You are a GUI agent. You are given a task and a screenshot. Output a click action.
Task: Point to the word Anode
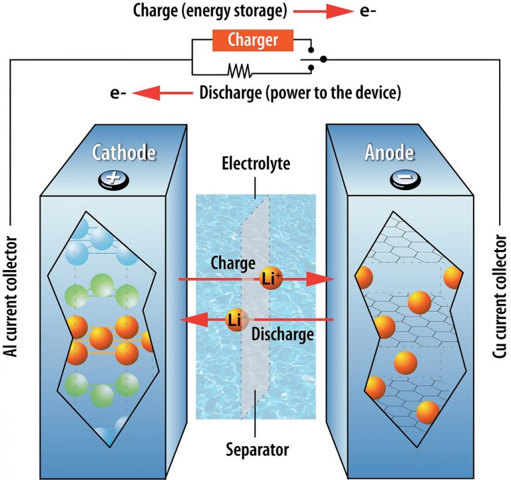point(389,153)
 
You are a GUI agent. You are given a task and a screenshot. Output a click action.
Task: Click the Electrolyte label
point(256,163)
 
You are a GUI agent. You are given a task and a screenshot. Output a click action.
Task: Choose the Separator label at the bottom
point(256,449)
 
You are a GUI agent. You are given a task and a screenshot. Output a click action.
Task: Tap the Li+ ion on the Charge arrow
point(270,281)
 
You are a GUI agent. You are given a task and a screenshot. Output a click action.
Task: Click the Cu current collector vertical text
point(500,297)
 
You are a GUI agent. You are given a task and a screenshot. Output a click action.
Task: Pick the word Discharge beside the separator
point(283,334)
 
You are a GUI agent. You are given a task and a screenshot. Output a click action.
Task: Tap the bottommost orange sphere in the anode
point(428,412)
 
